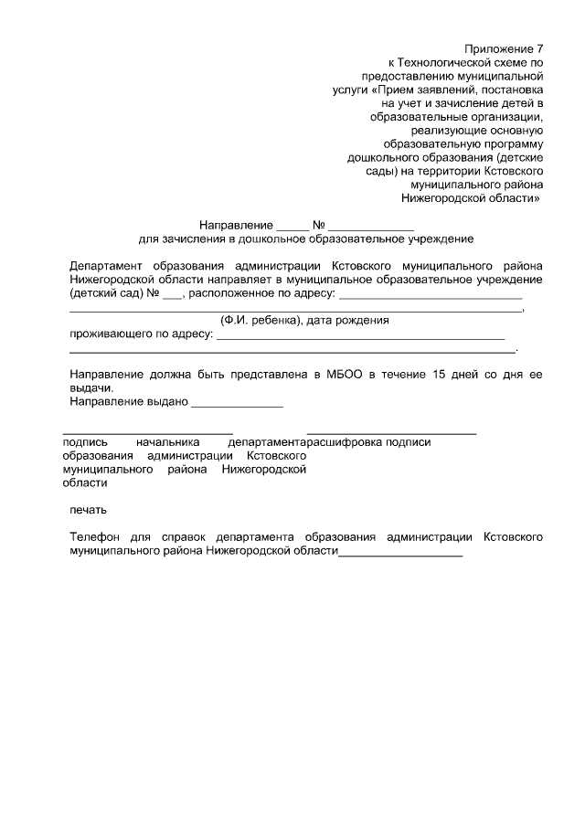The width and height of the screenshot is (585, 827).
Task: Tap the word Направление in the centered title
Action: [x=236, y=225]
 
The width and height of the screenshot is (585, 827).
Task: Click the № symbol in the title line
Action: [x=319, y=225]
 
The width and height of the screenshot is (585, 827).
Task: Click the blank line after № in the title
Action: [x=372, y=228]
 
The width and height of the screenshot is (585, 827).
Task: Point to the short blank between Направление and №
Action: [x=293, y=228]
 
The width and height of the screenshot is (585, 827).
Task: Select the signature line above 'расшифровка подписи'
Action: [x=391, y=431]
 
